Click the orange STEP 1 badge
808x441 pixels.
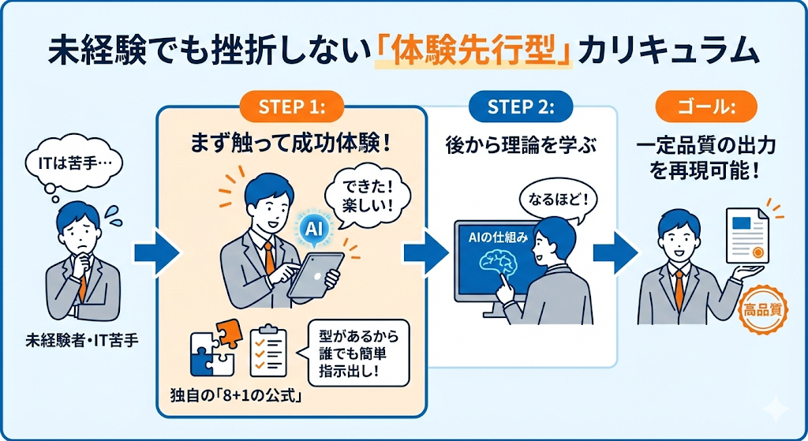pyautogui.click(x=292, y=107)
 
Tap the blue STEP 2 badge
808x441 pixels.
pyautogui.click(x=521, y=107)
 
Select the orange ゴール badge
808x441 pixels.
pyautogui.click(x=706, y=107)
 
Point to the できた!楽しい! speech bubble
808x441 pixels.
pyautogui.click(x=368, y=196)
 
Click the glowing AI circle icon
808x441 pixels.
pyautogui.click(x=314, y=229)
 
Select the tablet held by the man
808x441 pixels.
pyautogui.click(x=316, y=275)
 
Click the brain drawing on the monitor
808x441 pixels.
pyautogui.click(x=498, y=264)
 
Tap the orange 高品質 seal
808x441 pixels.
pyautogui.click(x=763, y=310)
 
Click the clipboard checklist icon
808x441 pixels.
pyautogui.click(x=268, y=350)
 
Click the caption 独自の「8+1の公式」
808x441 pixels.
pyautogui.click(x=236, y=397)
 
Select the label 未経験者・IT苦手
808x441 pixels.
pyautogui.click(x=82, y=341)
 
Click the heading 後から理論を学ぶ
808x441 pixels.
pyautogui.click(x=521, y=147)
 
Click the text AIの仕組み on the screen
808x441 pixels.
pyautogui.click(x=499, y=238)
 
